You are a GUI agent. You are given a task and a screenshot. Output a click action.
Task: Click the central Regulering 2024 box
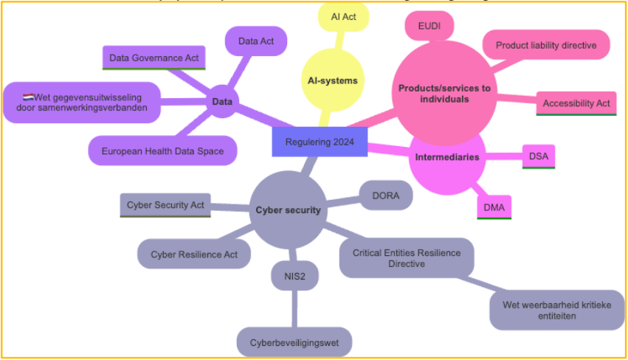320,142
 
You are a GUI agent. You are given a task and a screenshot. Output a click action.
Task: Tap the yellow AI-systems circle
332,80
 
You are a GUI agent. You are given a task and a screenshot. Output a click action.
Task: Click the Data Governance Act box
153,57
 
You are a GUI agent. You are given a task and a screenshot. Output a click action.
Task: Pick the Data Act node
256,41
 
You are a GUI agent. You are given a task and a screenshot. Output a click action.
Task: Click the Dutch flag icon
28,96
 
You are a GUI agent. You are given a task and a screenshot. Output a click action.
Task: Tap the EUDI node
429,27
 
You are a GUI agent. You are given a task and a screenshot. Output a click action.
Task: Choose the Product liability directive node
545,45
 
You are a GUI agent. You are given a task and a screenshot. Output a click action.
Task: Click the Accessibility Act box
576,103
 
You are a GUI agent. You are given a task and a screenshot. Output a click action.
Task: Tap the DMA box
494,207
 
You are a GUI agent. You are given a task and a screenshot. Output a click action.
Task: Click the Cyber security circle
288,210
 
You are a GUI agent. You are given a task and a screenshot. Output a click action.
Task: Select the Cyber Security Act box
165,204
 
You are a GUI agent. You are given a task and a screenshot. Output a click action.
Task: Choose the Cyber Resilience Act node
193,254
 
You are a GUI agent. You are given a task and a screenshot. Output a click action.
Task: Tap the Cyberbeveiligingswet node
294,343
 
